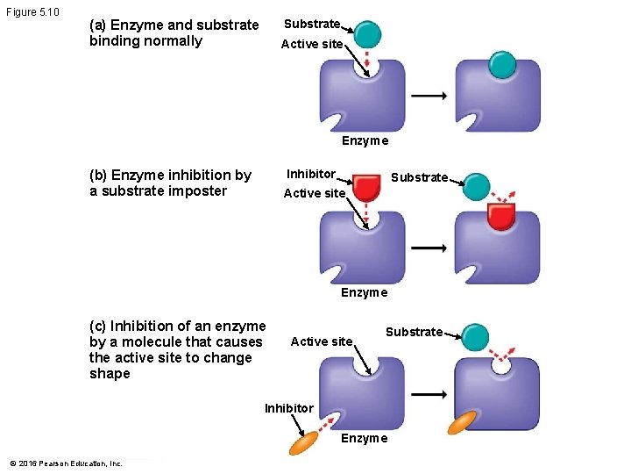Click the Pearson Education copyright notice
(x=66, y=463)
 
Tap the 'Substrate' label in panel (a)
(x=311, y=25)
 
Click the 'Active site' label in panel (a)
(x=312, y=44)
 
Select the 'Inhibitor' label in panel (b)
(x=311, y=174)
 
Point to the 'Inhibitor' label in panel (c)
(x=288, y=408)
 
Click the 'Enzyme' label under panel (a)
(x=365, y=141)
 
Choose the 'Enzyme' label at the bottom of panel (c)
(x=364, y=439)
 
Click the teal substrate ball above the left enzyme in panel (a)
(x=368, y=34)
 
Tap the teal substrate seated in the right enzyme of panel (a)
(x=502, y=65)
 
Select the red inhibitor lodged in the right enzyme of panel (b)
(x=500, y=215)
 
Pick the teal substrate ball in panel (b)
(x=475, y=186)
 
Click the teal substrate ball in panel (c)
(x=475, y=337)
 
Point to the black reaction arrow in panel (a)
(x=429, y=96)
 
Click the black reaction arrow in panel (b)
(x=429, y=248)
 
